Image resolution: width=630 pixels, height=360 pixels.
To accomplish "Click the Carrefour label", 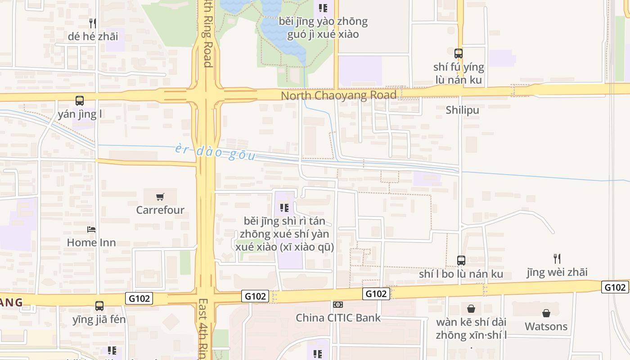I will click(x=160, y=210).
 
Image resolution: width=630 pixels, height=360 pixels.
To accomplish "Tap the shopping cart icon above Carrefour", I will click(x=160, y=197).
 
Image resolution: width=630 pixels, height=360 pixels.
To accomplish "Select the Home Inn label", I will click(x=91, y=243).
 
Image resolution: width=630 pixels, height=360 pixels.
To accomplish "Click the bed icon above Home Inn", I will click(x=91, y=229).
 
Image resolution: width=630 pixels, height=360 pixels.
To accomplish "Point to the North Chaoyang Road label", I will click(x=338, y=95).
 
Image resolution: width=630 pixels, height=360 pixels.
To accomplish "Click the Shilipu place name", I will click(x=462, y=110).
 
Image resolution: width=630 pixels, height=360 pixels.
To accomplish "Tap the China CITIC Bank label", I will click(x=338, y=318).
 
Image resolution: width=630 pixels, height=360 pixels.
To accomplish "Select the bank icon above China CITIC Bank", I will click(x=338, y=305).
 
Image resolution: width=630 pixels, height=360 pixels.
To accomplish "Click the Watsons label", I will click(x=546, y=326).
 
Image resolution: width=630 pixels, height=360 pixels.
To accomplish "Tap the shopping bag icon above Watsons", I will click(x=546, y=313).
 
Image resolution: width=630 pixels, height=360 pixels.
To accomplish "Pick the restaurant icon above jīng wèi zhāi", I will click(x=557, y=259).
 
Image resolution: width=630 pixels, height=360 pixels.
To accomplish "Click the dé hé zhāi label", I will click(x=93, y=36).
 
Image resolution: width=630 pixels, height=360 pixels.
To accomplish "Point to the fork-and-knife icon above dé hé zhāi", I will click(x=93, y=23).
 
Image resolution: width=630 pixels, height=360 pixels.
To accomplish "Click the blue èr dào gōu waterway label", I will click(x=215, y=153).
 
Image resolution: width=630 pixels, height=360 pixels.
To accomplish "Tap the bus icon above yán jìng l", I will click(x=80, y=101).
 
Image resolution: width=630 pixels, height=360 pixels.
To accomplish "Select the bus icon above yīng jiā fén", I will click(x=99, y=306).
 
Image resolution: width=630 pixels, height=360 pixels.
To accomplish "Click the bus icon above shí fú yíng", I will click(x=459, y=54).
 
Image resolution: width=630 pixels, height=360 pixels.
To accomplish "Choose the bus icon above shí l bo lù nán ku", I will click(x=461, y=261).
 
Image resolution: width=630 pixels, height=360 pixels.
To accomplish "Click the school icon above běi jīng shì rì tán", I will click(x=284, y=208).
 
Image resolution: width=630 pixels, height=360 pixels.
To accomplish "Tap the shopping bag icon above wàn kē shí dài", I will click(x=471, y=309).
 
